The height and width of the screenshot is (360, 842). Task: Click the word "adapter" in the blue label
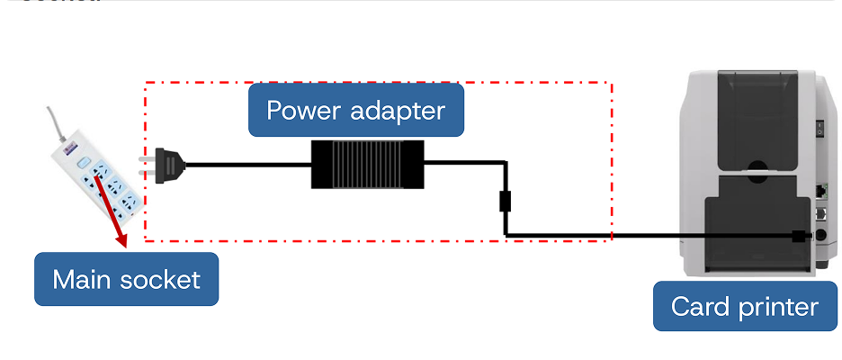(x=401, y=111)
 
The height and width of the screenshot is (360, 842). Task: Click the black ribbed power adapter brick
(x=367, y=164)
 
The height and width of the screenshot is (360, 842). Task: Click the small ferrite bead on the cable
(x=506, y=200)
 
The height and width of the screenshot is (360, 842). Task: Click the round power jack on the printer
(x=819, y=237)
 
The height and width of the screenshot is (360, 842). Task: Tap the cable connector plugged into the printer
(x=798, y=237)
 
